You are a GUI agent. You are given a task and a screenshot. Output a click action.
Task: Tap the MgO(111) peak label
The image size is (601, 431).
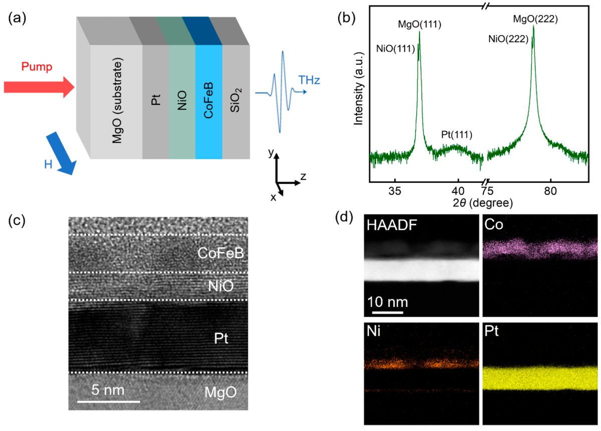tap(419, 24)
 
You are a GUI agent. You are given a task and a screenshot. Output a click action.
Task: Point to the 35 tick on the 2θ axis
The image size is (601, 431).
tap(395, 190)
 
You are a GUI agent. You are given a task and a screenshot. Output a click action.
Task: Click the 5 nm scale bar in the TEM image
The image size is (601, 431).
tap(108, 401)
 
